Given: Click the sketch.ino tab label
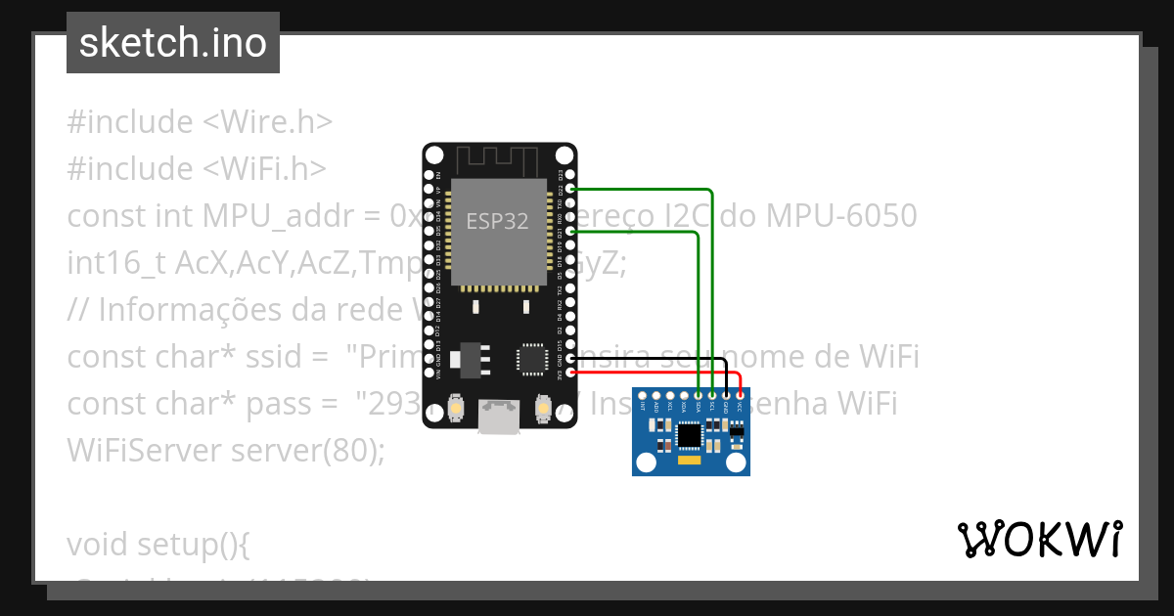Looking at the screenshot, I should [173, 43].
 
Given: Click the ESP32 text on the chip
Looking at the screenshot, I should [497, 222].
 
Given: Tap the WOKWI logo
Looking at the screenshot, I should [1039, 540].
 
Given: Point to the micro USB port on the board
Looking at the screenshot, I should [499, 418].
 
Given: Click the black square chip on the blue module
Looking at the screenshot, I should [690, 433].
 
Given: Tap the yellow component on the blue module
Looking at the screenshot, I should [690, 459].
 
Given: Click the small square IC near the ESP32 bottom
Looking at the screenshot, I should [533, 358].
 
